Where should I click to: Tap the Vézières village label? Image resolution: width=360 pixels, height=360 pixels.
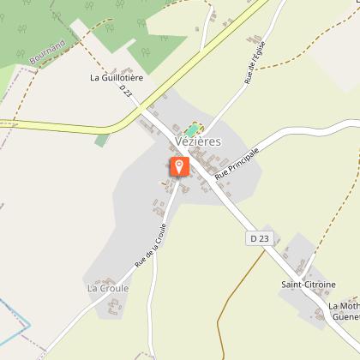(x=199, y=141)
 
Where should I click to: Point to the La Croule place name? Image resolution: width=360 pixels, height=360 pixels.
(x=108, y=288)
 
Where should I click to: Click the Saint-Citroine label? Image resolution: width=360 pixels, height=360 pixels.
(x=309, y=284)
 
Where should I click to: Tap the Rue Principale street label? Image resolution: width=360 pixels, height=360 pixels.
(x=237, y=161)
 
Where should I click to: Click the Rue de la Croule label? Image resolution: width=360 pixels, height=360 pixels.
(x=149, y=243)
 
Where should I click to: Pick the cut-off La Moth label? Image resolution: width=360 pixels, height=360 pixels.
(x=342, y=305)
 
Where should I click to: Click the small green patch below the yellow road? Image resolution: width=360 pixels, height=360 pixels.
(x=103, y=139)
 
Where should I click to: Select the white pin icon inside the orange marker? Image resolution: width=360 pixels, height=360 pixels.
(x=179, y=165)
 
